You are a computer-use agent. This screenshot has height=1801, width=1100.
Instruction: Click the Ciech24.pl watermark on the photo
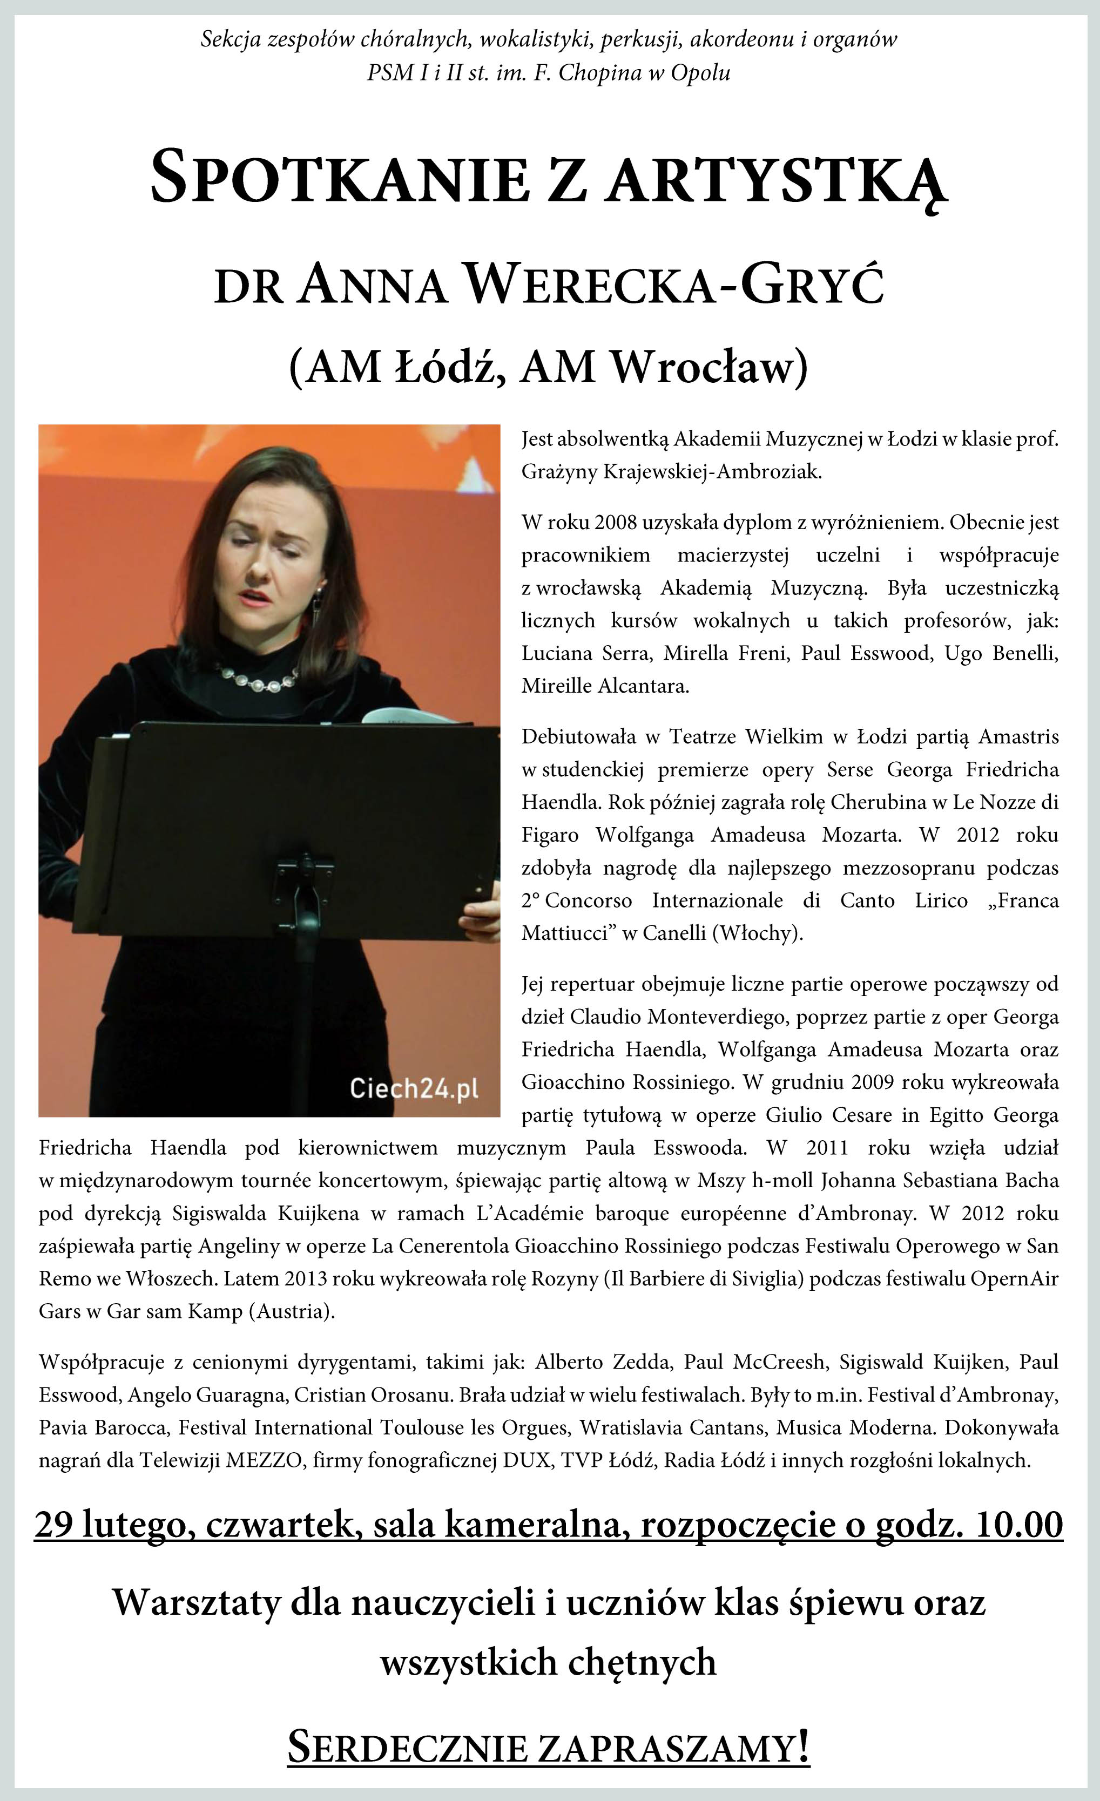tap(414, 1089)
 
